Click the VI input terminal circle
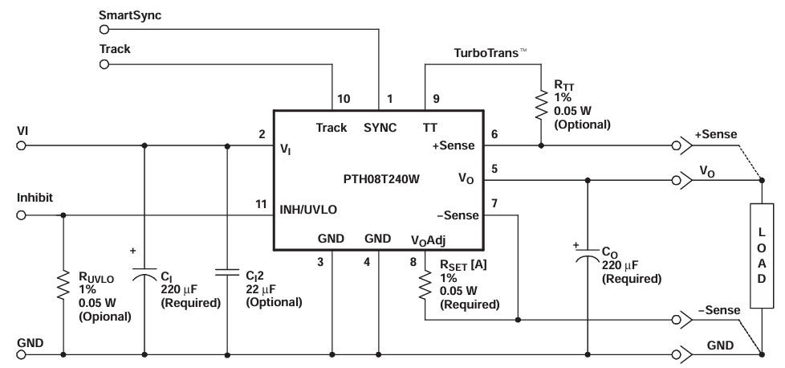click(22, 146)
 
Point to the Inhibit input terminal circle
click(22, 215)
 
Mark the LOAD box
click(761, 255)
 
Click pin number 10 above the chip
click(343, 99)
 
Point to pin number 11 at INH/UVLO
click(262, 205)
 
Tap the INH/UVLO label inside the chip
click(309, 208)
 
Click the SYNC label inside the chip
click(380, 128)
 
